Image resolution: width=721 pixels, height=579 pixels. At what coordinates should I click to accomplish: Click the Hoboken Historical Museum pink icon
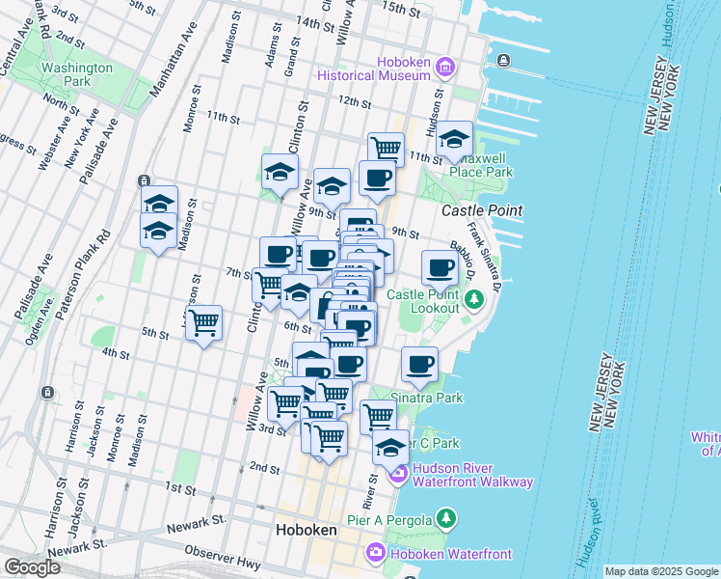(444, 67)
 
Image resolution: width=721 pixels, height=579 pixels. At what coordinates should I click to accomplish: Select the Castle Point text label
(482, 210)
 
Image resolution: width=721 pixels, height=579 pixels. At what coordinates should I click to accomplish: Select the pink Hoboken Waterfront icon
(375, 553)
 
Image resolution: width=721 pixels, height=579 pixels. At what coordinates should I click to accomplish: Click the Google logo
(31, 567)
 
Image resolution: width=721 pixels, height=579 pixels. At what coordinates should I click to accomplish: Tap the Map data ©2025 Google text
(660, 571)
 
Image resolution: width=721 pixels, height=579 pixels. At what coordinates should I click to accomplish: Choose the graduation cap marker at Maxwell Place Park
(453, 140)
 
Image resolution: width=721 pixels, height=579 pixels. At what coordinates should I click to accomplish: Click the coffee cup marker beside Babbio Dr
(440, 267)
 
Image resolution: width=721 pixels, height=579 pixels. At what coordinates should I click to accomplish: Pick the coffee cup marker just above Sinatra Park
(419, 365)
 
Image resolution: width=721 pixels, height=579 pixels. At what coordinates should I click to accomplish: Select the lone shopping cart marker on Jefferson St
(203, 323)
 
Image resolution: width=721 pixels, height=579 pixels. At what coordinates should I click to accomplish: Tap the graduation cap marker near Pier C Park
(390, 448)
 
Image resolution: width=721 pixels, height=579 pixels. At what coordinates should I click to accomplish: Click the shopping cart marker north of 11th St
(386, 149)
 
